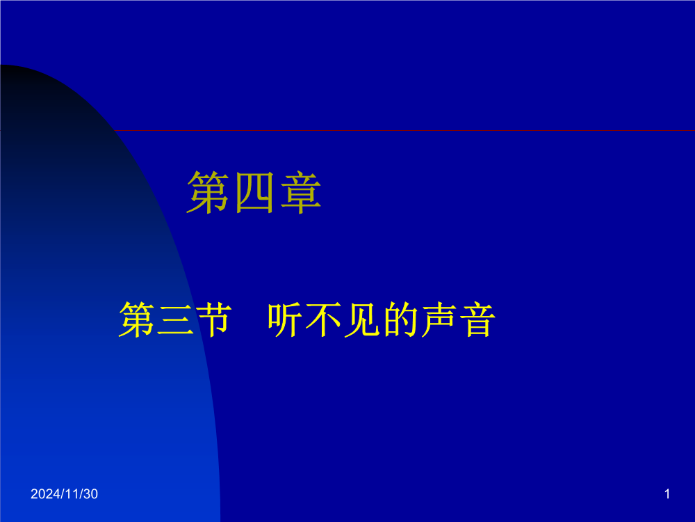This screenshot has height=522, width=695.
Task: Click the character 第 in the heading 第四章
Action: (208, 193)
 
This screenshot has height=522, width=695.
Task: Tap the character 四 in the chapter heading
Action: (254, 193)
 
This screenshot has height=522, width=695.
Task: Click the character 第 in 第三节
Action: (136, 319)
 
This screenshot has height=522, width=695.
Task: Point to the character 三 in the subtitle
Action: (175, 320)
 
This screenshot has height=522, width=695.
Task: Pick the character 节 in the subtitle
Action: (213, 319)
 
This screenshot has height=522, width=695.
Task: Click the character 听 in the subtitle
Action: (286, 319)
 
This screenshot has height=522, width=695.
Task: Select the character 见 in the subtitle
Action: (361, 319)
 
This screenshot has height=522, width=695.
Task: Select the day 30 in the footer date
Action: (90, 494)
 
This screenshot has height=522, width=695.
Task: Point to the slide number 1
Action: (667, 494)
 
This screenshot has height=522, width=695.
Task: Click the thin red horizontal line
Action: (404, 131)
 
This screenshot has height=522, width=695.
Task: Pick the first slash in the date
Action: (61, 494)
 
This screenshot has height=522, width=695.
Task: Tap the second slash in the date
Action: (80, 494)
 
